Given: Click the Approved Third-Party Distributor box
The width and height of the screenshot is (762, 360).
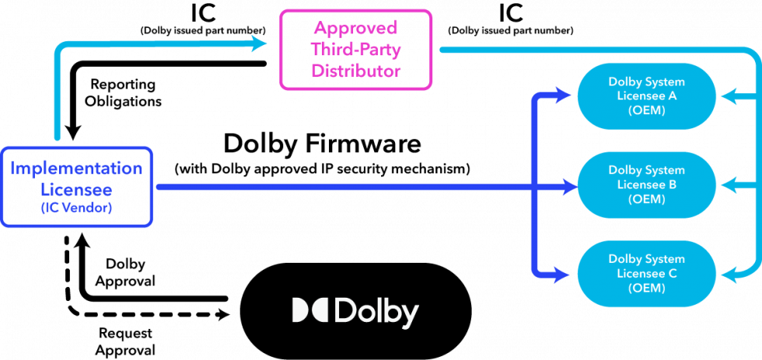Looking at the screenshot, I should tap(355, 49).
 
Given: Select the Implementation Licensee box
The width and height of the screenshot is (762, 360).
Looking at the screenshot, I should tap(76, 187).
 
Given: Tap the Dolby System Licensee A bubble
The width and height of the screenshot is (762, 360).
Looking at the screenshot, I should tap(646, 96).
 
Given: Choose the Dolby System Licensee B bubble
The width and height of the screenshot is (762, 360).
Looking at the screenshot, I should tap(646, 185).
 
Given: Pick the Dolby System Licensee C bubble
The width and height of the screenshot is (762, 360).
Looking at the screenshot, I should tap(646, 273).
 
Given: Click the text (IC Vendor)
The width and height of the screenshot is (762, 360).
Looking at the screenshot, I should tap(76, 208).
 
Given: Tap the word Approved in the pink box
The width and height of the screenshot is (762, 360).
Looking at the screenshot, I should tap(355, 29).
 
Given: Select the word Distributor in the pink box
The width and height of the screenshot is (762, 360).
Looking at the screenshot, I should tap(355, 71).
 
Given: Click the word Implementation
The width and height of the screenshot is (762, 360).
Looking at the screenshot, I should tap(76, 169).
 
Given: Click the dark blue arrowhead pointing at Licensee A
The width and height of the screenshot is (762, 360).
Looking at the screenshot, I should tap(565, 96).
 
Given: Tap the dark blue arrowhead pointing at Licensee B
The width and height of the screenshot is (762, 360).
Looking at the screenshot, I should tap(568, 187).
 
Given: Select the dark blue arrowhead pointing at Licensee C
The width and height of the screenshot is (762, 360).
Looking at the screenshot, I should tap(565, 274).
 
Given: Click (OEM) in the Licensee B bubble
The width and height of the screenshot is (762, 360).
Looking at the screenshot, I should tap(646, 199).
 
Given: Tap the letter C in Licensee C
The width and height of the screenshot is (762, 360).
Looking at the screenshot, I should tap(673, 273).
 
